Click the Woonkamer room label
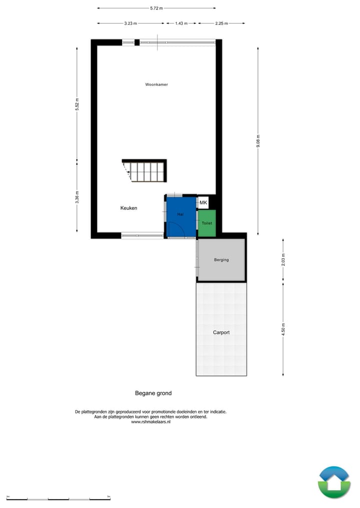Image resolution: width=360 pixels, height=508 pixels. [x=156, y=85]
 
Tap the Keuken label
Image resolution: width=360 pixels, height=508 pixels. [x=128, y=208]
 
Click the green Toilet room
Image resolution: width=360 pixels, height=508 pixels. [x=207, y=223]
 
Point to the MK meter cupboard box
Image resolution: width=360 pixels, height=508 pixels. [x=203, y=203]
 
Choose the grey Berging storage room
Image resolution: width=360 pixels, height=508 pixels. [x=221, y=260]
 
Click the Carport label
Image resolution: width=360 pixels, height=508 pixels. [x=221, y=332]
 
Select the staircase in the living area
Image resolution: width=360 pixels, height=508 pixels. [x=145, y=171]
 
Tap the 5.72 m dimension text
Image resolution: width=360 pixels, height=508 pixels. [x=156, y=8]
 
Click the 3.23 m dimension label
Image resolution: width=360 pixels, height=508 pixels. [x=131, y=23]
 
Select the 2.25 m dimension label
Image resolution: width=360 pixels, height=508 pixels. [x=221, y=23]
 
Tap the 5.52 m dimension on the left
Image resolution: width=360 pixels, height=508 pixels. [x=77, y=104]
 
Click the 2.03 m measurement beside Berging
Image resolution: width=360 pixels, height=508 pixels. [x=283, y=260]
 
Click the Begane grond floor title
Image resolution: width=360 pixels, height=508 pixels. [x=153, y=393]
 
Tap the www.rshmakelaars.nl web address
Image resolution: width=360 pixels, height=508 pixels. [x=150, y=422]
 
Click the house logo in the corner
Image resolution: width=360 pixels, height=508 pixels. [x=334, y=482]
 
